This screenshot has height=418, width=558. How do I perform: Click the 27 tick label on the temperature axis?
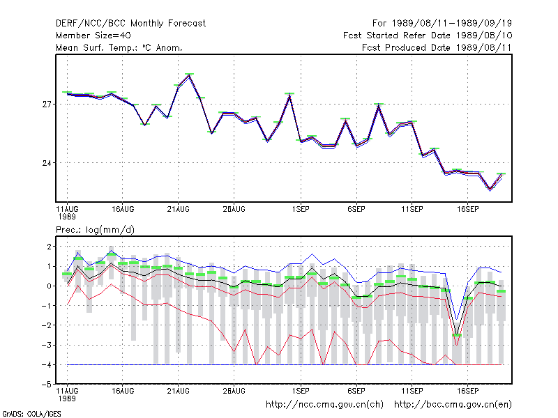tap(47, 104)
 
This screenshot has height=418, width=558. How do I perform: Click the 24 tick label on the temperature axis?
tap(47, 163)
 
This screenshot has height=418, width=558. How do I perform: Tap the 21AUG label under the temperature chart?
tap(179, 210)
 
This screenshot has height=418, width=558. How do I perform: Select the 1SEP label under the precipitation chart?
tap(301, 391)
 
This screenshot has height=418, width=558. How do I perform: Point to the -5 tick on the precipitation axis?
tap(47, 385)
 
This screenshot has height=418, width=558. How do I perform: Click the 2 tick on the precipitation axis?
tap(49, 247)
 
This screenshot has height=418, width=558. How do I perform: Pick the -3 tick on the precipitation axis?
tap(47, 345)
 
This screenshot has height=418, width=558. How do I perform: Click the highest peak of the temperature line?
tap(189, 75)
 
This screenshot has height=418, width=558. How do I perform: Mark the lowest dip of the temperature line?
tap(490, 189)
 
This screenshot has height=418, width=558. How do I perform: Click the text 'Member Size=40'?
tap(93, 36)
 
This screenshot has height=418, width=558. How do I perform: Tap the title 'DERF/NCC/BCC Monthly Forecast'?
tap(130, 24)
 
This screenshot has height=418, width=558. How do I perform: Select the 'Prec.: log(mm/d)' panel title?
tap(95, 230)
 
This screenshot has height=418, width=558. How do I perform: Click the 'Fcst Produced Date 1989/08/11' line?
tap(437, 47)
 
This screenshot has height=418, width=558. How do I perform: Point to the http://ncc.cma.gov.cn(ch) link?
tap(324, 405)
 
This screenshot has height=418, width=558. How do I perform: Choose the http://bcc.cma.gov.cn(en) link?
tap(453, 405)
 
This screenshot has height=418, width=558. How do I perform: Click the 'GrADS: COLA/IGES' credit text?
tap(31, 414)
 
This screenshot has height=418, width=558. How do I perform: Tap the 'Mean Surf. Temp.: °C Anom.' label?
tap(119, 47)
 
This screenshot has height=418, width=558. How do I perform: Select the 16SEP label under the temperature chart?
tap(467, 210)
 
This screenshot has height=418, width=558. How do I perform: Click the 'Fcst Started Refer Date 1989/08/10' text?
tap(428, 36)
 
